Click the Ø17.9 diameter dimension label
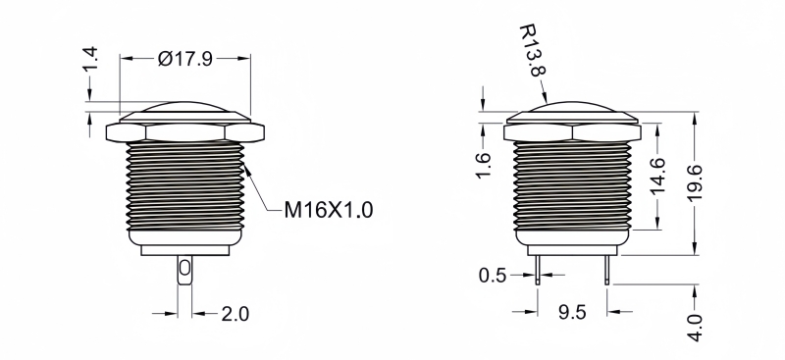pos(185,59)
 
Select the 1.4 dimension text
pos(90,59)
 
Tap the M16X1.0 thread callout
pos(329,210)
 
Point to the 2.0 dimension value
pos(235,314)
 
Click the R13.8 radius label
pos(532,51)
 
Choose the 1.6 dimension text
pos(483,166)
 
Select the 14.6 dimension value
pos(656,176)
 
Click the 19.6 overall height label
pos(695,182)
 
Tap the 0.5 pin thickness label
pos(493,276)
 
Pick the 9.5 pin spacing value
pos(572,313)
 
